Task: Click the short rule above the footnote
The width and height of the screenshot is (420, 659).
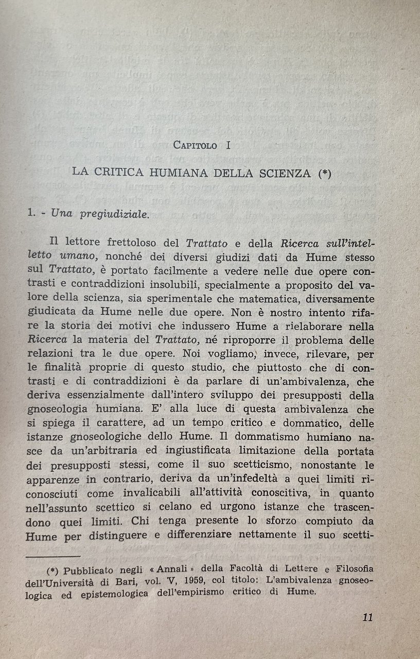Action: click(53, 556)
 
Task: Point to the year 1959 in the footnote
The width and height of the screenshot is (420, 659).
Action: click(174, 581)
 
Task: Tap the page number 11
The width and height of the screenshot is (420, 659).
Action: click(367, 617)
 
